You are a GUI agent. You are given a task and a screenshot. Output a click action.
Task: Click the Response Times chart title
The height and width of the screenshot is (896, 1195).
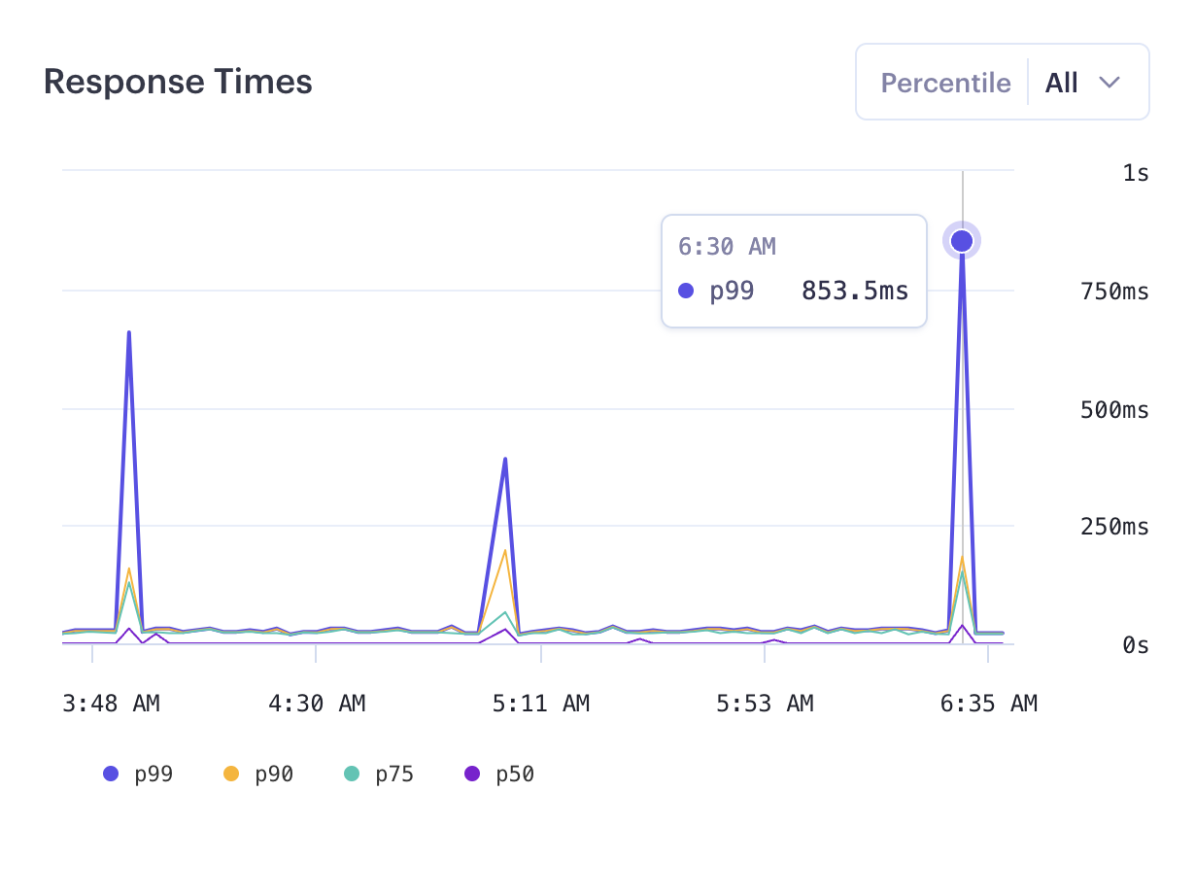tap(178, 83)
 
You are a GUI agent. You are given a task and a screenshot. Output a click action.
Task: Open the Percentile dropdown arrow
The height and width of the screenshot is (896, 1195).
tap(1110, 83)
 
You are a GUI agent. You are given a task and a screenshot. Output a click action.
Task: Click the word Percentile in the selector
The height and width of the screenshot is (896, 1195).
tap(945, 83)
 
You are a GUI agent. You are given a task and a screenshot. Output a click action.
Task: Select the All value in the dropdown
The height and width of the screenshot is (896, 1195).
tap(1061, 83)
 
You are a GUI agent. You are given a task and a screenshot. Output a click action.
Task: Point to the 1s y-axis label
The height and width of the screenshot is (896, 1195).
tap(1135, 173)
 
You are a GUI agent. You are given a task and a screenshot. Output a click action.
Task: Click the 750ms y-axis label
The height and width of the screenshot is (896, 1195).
tap(1114, 291)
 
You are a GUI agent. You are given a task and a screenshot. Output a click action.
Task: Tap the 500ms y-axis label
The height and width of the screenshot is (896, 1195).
tap(1114, 410)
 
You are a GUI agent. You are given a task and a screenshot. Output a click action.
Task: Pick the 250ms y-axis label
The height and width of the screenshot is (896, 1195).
tap(1114, 528)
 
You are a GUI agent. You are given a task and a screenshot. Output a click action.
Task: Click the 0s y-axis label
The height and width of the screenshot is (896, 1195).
tap(1135, 645)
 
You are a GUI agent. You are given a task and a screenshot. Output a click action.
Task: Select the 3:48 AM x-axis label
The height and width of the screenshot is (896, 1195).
tap(111, 704)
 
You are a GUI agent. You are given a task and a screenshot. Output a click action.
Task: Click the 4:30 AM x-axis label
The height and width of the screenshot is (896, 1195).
tap(317, 704)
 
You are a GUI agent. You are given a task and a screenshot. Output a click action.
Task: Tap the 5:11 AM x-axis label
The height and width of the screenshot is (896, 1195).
tap(541, 704)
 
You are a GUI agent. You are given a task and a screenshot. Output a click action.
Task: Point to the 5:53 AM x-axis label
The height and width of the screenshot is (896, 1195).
tap(765, 704)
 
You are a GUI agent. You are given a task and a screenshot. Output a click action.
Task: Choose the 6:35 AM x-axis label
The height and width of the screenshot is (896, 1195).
tap(988, 704)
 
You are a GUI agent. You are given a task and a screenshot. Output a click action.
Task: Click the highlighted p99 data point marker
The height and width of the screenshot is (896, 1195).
tap(962, 240)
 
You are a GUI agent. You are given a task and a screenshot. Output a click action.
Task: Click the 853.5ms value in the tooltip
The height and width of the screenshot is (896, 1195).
tap(854, 291)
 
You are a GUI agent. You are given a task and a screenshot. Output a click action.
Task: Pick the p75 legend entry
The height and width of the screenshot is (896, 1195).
tap(379, 775)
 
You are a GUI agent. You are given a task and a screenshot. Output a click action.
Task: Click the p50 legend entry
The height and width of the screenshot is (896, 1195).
tap(499, 775)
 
